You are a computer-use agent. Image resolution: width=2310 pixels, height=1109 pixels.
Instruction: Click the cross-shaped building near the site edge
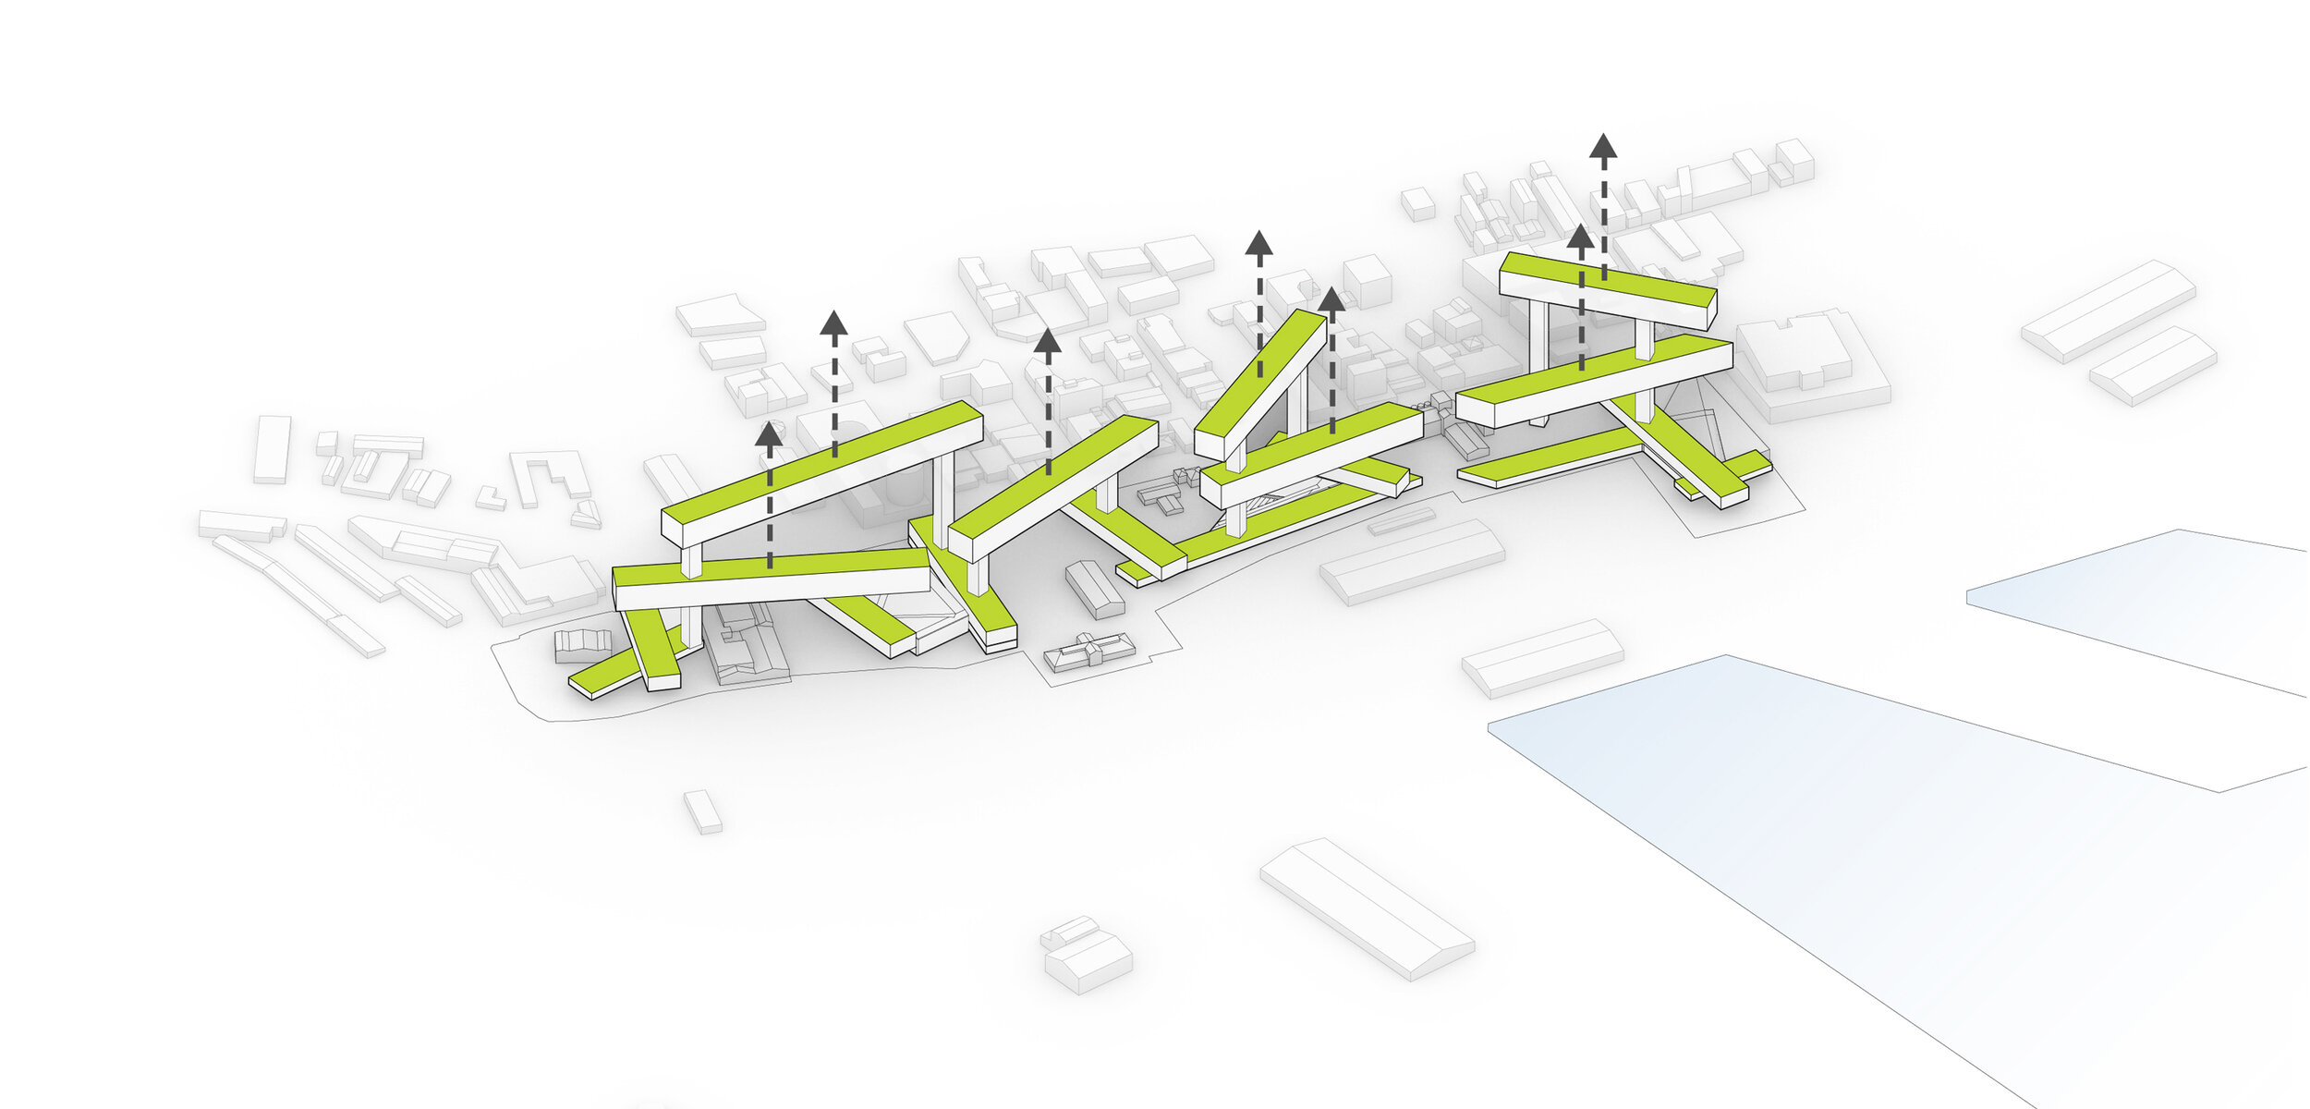pos(1090,651)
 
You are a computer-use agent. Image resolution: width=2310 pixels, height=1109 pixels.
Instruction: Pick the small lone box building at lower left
pos(703,811)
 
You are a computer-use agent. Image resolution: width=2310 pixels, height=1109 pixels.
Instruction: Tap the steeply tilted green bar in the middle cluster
pos(1262,379)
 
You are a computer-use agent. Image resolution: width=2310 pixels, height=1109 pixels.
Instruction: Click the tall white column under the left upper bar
pos(942,499)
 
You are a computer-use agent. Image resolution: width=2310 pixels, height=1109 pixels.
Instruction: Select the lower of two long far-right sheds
pos(2153,365)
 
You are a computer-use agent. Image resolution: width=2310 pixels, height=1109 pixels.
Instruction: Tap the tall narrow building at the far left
pos(272,449)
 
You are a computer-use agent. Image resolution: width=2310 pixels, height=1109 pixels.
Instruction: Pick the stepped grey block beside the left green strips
pos(582,644)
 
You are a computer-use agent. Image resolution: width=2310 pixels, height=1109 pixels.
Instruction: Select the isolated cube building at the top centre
pos(1418,203)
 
